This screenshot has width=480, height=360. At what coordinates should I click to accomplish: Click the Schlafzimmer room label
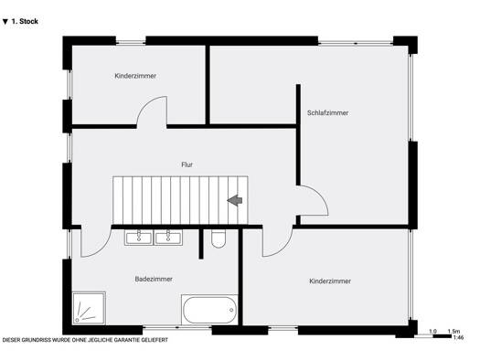click(327, 113)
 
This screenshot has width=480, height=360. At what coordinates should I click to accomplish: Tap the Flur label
click(187, 164)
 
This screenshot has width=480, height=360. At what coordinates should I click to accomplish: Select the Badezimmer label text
click(154, 279)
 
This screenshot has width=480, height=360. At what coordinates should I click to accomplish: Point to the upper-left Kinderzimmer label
click(135, 76)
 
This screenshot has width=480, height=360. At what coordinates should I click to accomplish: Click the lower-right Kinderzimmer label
click(330, 281)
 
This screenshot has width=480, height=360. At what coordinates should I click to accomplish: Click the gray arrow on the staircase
click(235, 200)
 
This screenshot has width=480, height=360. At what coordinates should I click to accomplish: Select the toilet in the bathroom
click(219, 238)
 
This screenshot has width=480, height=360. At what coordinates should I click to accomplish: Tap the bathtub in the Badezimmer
click(209, 310)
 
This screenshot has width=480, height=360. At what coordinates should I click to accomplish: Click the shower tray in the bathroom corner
click(89, 308)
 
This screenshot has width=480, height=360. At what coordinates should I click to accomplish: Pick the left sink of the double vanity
click(139, 238)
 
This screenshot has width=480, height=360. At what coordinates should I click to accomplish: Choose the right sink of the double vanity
click(168, 238)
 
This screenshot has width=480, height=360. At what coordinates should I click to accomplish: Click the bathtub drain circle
click(231, 310)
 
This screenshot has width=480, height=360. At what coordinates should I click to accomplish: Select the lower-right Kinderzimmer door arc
click(283, 249)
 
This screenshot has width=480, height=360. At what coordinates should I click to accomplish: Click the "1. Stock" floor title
click(20, 21)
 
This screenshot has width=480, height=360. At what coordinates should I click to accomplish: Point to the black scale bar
click(442, 336)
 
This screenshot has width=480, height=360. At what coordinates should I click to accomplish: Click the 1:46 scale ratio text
click(459, 338)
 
